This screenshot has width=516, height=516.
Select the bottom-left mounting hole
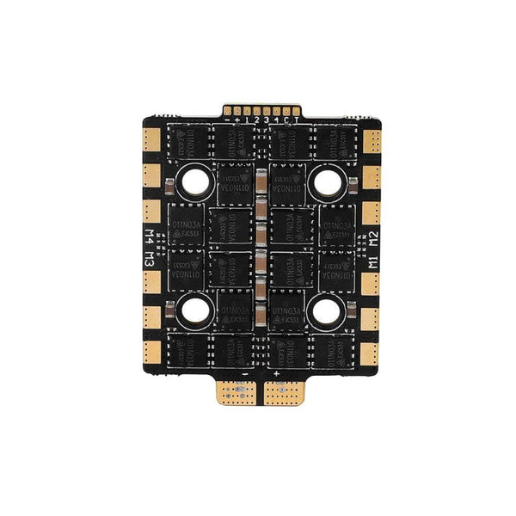[193, 310]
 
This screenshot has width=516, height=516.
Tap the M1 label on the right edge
[372, 261]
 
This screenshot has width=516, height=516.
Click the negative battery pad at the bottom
[239, 392]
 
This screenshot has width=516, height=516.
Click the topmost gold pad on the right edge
[371, 138]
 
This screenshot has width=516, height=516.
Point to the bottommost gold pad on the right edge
[371, 350]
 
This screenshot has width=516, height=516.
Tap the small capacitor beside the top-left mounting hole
[174, 184]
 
